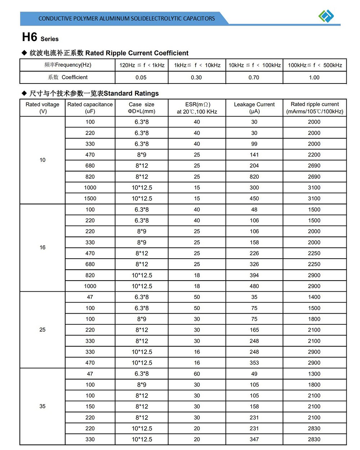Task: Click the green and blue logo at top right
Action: [326, 16]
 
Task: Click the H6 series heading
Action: [40, 37]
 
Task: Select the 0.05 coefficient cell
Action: [141, 77]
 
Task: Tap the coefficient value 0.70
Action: [254, 77]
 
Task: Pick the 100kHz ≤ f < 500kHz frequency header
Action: [315, 65]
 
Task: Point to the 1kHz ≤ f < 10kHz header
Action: [197, 65]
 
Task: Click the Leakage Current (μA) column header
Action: [254, 108]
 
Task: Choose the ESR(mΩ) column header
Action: [197, 108]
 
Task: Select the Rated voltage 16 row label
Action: [42, 247]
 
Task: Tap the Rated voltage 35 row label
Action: [42, 406]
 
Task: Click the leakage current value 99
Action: [254, 144]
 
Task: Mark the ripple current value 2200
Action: [314, 155]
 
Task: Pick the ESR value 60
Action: [197, 374]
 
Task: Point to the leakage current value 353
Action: [254, 363]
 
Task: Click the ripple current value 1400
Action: [314, 297]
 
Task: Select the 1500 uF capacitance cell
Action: [90, 199]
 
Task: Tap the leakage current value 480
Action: [254, 286]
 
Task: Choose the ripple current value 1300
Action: [314, 374]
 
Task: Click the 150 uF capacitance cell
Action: [90, 406]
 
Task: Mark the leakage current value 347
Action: [254, 439]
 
